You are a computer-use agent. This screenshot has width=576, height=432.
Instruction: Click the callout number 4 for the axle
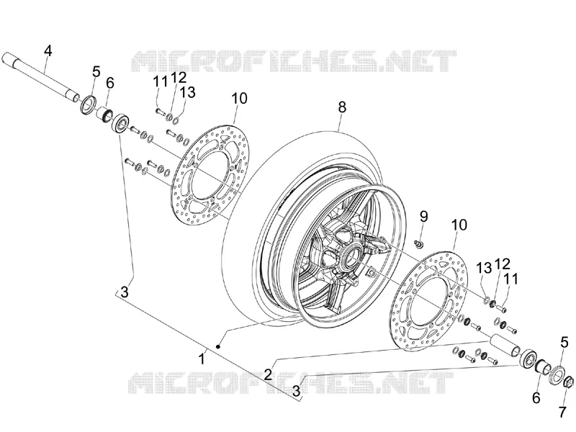click(48, 50)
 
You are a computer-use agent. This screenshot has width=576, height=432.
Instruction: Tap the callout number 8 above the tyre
click(342, 107)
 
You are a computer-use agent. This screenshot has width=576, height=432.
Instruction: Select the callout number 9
click(424, 217)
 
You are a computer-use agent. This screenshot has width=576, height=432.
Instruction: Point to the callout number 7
click(562, 412)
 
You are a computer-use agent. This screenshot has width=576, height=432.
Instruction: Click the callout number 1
click(202, 359)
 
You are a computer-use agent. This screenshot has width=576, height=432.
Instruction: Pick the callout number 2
click(268, 374)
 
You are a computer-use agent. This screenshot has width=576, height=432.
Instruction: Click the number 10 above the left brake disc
click(240, 98)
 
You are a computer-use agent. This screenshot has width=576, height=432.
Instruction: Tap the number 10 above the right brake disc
click(459, 225)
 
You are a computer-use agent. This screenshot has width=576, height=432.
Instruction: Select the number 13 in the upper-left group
click(188, 92)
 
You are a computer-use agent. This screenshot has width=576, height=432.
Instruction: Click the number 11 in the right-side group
click(511, 279)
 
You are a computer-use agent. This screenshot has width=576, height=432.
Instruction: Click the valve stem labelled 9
click(418, 243)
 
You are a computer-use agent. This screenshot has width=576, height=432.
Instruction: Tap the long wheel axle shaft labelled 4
click(40, 76)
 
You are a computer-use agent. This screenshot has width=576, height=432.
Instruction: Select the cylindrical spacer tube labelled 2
click(505, 346)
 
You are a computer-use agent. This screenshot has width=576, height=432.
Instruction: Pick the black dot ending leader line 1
click(218, 346)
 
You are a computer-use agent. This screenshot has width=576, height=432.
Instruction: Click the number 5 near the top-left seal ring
click(96, 71)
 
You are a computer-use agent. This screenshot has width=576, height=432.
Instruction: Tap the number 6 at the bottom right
click(536, 398)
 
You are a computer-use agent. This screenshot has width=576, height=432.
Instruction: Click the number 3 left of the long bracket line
click(125, 293)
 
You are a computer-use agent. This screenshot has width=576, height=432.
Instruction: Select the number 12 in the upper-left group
click(179, 78)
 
